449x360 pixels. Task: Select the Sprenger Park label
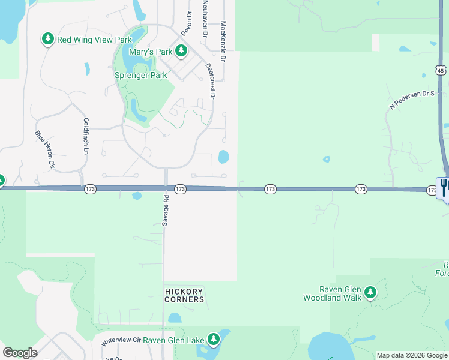tap(141, 76)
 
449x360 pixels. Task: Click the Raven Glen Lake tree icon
tap(213, 340)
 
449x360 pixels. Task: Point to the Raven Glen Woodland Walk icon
tap(370, 293)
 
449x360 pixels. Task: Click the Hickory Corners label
tap(185, 295)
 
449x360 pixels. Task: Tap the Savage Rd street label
tap(164, 210)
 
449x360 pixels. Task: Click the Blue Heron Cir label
tap(44, 149)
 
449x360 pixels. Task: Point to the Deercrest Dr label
tap(211, 80)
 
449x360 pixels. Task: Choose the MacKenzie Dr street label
tap(223, 42)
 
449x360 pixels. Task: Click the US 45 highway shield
tap(441, 70)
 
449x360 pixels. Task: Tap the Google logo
tap(20, 353)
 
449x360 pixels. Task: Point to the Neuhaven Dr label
tap(205, 19)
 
